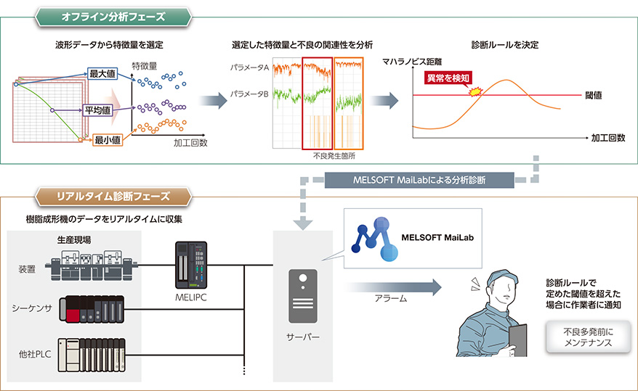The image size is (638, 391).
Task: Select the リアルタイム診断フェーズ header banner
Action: [x=113, y=196]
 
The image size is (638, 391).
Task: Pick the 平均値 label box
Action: [x=97, y=110]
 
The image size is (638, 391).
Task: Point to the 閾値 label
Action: [x=594, y=95]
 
